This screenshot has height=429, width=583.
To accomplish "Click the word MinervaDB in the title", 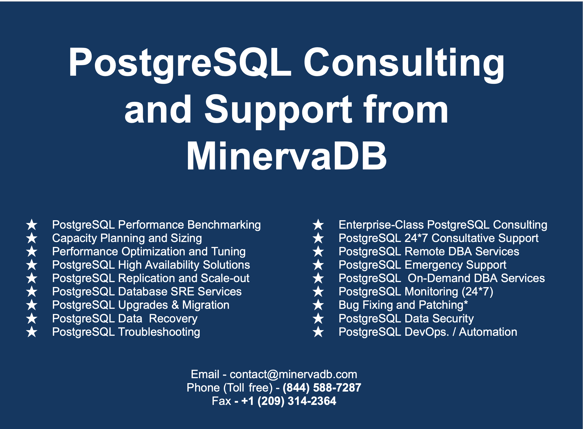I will [x=287, y=156].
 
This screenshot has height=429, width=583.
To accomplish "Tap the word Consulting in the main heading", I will [x=404, y=63].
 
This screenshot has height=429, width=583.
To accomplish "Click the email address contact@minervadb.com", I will [x=293, y=374].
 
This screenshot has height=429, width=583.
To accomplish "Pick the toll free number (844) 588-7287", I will [x=322, y=388].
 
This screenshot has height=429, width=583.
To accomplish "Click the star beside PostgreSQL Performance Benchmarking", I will [x=32, y=225].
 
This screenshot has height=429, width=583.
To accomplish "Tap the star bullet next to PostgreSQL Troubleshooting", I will [x=32, y=332].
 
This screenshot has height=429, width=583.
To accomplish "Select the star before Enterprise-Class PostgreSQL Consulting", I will [x=318, y=225].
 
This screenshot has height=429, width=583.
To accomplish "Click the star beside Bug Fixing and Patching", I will [x=318, y=305].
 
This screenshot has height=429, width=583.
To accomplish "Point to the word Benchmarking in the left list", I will [x=224, y=225].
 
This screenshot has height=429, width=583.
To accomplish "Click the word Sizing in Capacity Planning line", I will [x=186, y=238].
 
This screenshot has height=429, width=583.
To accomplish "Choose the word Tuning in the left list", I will [x=228, y=252].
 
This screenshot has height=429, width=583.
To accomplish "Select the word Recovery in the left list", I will [x=173, y=318].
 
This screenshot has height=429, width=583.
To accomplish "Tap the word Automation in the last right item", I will [x=488, y=332].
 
